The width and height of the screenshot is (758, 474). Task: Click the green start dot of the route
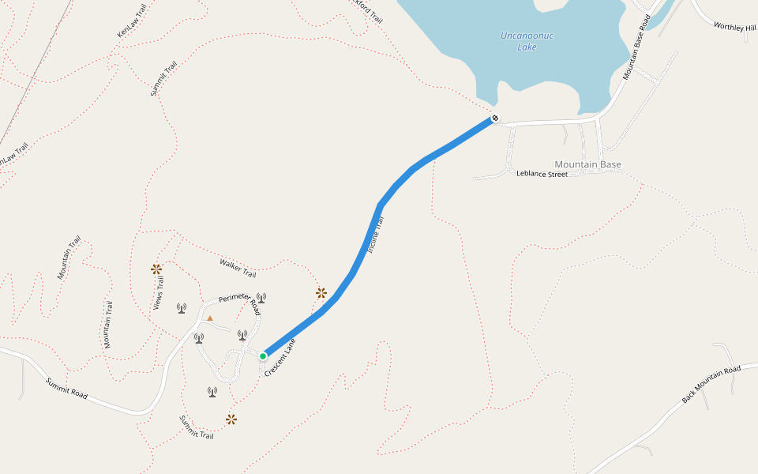pyautogui.click(x=263, y=355)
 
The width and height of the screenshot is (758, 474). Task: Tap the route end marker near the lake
pyautogui.click(x=495, y=118)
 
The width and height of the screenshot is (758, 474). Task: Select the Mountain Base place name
pyautogui.click(x=588, y=164)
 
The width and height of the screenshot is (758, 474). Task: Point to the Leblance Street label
pyautogui.click(x=542, y=174)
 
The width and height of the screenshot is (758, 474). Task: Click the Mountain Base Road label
pyautogui.click(x=641, y=47)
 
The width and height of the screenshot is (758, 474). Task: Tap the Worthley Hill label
pyautogui.click(x=734, y=27)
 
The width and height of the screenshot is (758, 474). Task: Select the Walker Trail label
pyautogui.click(x=238, y=269)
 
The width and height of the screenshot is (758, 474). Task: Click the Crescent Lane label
pyautogui.click(x=280, y=357)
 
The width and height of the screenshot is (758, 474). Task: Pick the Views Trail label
pyautogui.click(x=159, y=293)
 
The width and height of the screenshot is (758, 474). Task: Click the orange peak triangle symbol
pyautogui.click(x=210, y=318)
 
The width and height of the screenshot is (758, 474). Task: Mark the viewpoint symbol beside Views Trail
pyautogui.click(x=156, y=269)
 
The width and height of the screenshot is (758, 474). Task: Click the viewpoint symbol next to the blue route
pyautogui.click(x=321, y=293)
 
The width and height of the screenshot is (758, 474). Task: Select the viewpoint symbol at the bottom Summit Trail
pyautogui.click(x=231, y=419)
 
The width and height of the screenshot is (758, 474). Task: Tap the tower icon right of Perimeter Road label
pyautogui.click(x=261, y=298)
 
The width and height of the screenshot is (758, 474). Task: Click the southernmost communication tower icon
pyautogui.click(x=212, y=391)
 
